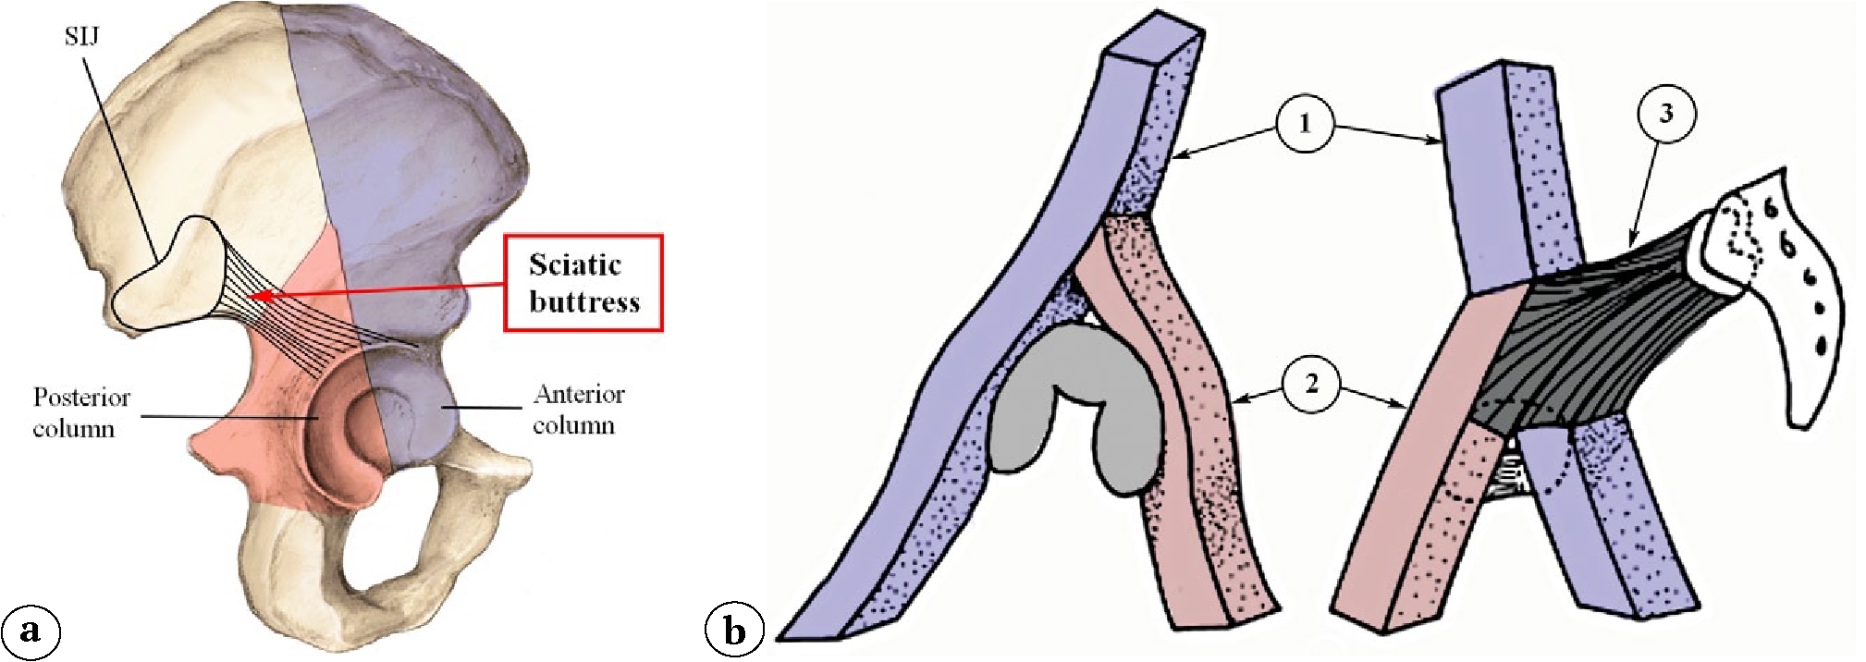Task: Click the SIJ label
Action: [82, 37]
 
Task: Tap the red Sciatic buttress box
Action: [583, 283]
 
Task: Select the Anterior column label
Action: [578, 410]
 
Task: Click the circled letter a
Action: [32, 631]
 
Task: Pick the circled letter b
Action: [734, 631]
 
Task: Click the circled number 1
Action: [1305, 123]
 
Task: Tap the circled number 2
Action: [1311, 383]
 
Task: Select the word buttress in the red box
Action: [583, 302]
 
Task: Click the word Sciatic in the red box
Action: [574, 265]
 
